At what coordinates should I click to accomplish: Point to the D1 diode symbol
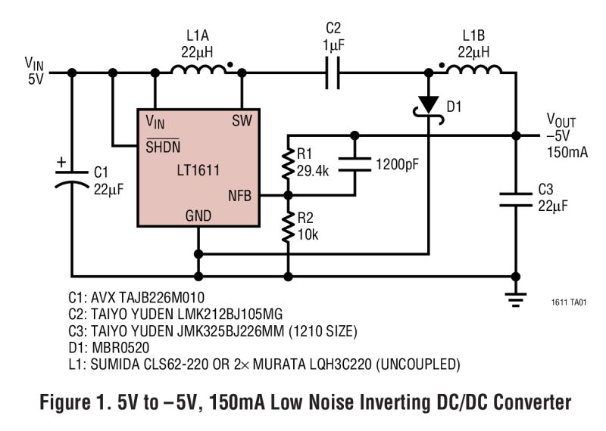pos(429,104)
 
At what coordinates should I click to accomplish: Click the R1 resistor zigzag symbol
pos(289,163)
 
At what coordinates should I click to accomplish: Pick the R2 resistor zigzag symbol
pos(289,227)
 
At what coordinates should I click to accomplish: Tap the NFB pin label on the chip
pos(240,196)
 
